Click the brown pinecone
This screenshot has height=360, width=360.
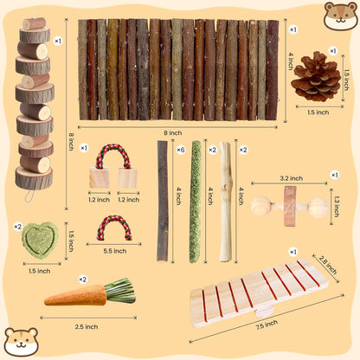(314, 76)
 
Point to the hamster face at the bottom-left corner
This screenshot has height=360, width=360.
(19, 341)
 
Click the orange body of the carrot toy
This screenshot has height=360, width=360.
(74, 296)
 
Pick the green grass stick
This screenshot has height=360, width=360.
(195, 201)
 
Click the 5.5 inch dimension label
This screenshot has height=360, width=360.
(114, 250)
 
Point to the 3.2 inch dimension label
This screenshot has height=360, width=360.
(290, 179)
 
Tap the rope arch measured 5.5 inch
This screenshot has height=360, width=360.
(113, 227)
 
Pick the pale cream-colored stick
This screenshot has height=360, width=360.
(225, 201)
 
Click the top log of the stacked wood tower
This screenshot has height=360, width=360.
(35, 24)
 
